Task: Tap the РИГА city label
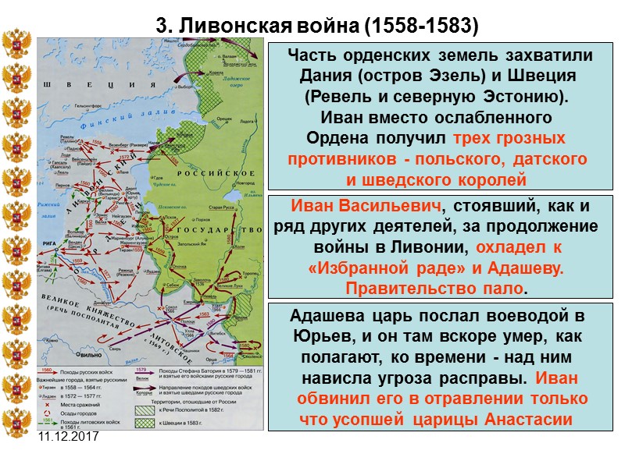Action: pos(45,243)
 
